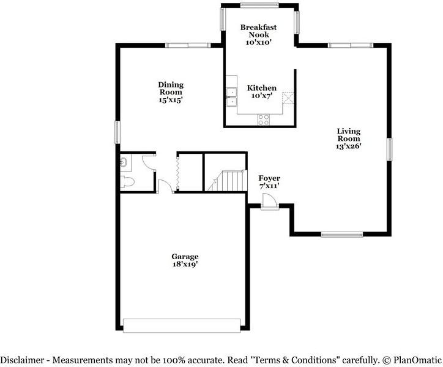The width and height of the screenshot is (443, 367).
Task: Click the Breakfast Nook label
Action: (x=258, y=31)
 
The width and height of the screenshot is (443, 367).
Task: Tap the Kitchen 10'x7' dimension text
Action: (x=262, y=96)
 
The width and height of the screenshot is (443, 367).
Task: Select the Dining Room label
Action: (x=171, y=88)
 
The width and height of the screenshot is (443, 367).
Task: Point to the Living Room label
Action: (x=349, y=135)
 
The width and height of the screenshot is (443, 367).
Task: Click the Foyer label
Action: (x=269, y=178)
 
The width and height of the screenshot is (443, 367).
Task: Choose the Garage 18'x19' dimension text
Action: (x=185, y=264)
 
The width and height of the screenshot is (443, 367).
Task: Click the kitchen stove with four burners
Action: (x=263, y=119)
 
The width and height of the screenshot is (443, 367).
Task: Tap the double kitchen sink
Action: (x=231, y=97)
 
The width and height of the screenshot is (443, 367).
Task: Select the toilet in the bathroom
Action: (x=127, y=181)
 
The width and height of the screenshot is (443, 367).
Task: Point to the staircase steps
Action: (x=228, y=181)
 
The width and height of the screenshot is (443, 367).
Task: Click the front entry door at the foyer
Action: (x=269, y=202)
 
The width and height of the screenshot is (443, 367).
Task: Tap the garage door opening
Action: (x=182, y=326)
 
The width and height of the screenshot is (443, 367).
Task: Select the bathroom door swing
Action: (x=149, y=163)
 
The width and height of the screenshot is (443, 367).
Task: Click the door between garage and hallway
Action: (x=166, y=186)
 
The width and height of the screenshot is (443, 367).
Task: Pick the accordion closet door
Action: (x=177, y=172)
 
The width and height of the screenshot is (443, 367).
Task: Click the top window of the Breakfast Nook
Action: (x=259, y=5)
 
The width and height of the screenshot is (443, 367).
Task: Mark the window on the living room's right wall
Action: (x=390, y=149)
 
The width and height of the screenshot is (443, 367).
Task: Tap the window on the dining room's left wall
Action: (x=117, y=132)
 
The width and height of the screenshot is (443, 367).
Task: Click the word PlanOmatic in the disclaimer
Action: (x=417, y=360)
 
